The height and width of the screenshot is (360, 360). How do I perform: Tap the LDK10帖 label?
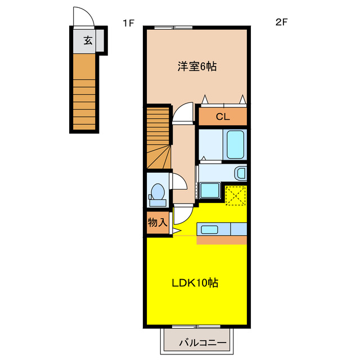(x=195, y=283)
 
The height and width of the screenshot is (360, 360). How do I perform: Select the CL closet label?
(x=222, y=117)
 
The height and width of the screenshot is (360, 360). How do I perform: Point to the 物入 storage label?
(x=157, y=222)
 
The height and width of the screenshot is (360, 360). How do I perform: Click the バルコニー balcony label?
(x=202, y=343)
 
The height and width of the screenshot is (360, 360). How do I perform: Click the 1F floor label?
(x=129, y=23)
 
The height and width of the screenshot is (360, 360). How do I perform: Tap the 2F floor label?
(x=281, y=23)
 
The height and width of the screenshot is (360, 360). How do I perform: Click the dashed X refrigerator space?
(x=235, y=195)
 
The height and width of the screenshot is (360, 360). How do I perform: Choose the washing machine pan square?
(x=210, y=191)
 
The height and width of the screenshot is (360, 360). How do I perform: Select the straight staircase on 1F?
(x=84, y=93)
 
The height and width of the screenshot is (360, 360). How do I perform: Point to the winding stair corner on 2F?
(x=158, y=157)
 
